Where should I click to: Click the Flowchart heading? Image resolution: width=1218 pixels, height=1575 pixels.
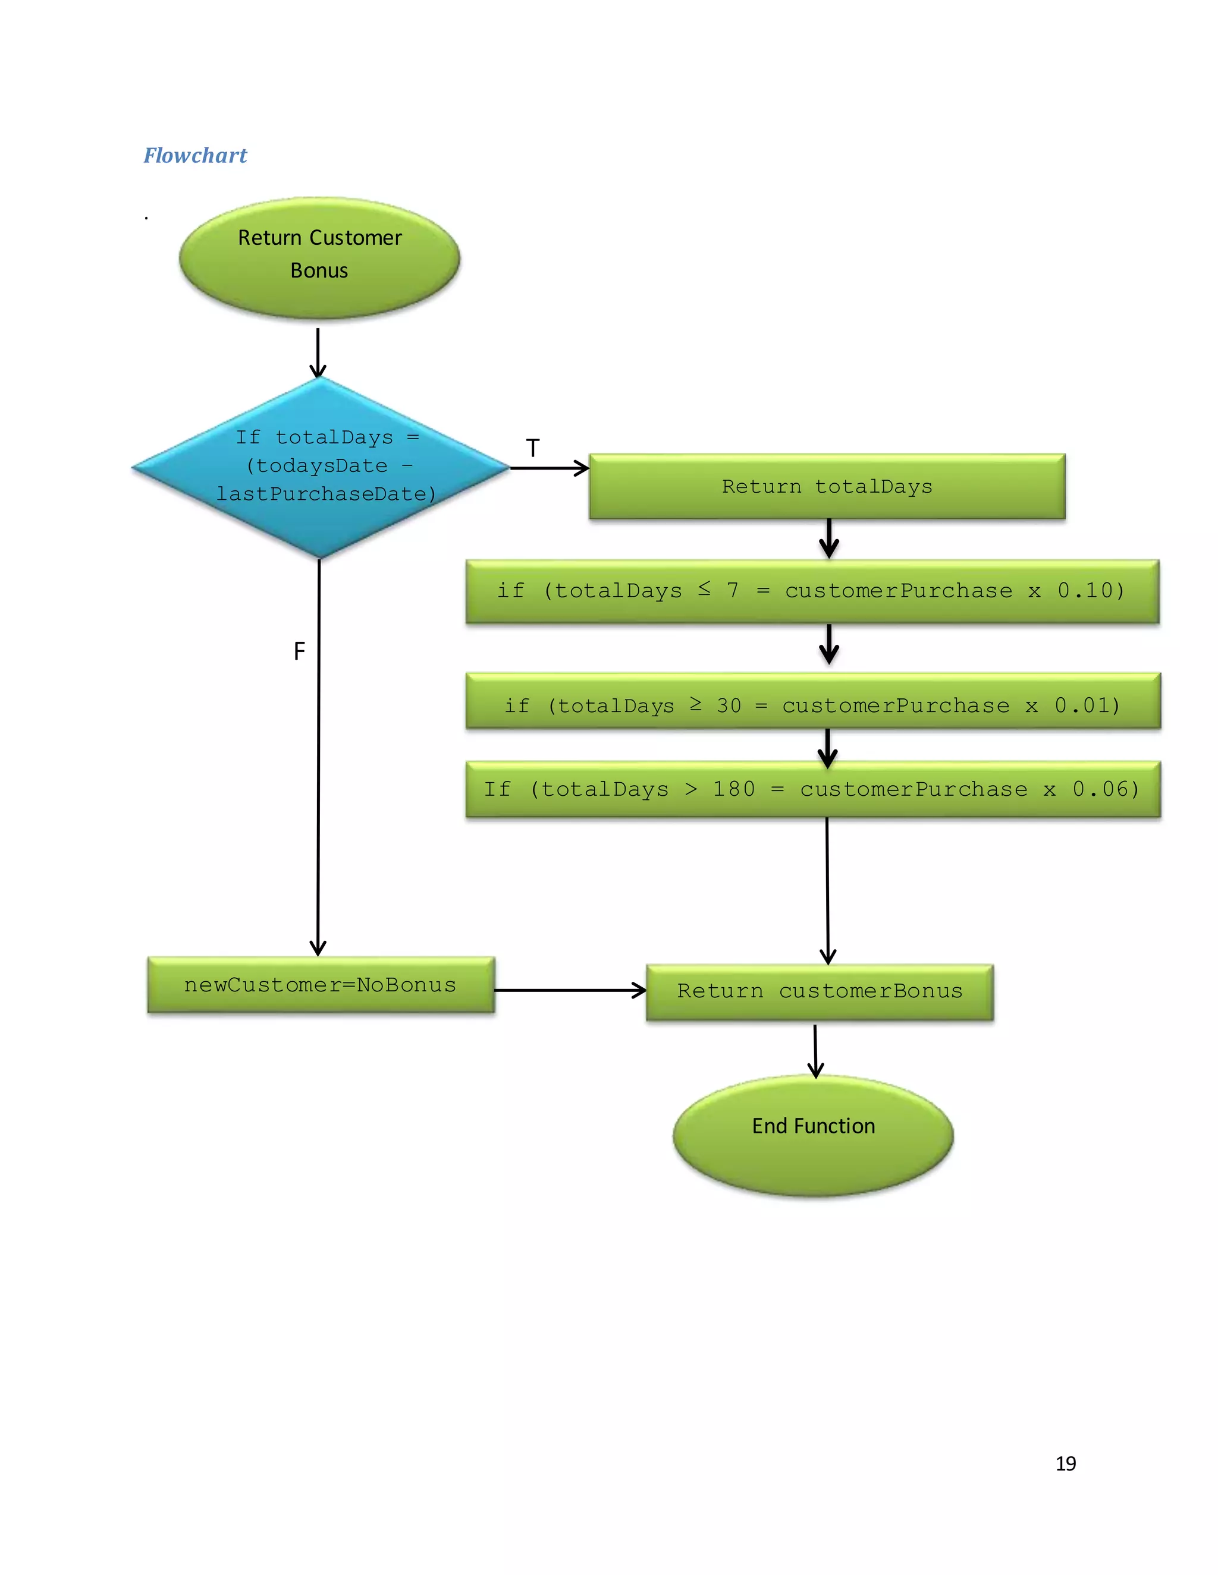click(x=195, y=155)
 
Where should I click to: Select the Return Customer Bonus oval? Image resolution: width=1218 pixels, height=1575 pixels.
click(x=319, y=257)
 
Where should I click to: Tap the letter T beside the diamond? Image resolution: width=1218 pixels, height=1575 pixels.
click(x=532, y=449)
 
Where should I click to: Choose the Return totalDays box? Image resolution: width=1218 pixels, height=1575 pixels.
click(x=827, y=487)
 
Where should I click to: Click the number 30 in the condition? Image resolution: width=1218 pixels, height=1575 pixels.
click(x=728, y=705)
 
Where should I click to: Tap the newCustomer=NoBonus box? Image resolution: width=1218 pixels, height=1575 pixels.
click(x=321, y=985)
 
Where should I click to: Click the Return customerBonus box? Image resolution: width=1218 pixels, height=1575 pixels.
click(x=820, y=991)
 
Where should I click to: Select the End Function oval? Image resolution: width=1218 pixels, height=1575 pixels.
click(x=813, y=1136)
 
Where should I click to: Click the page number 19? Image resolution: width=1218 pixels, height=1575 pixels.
click(x=1065, y=1463)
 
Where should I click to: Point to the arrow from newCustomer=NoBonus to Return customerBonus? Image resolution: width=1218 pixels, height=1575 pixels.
click(x=570, y=990)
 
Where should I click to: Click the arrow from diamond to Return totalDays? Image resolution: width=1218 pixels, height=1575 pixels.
click(x=549, y=468)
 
